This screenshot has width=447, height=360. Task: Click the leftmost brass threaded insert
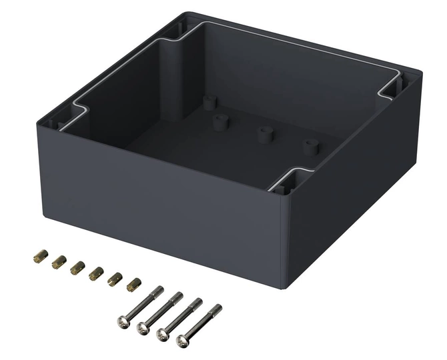(x=39, y=255)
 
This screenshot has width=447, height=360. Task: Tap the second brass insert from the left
(x=58, y=261)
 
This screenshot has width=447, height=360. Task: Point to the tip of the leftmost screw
(x=159, y=289)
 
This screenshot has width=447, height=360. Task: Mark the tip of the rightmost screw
(x=217, y=308)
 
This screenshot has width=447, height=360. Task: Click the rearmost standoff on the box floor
(x=210, y=102)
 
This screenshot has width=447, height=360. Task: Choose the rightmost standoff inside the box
(x=310, y=146)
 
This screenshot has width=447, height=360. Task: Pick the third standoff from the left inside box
(x=266, y=133)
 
